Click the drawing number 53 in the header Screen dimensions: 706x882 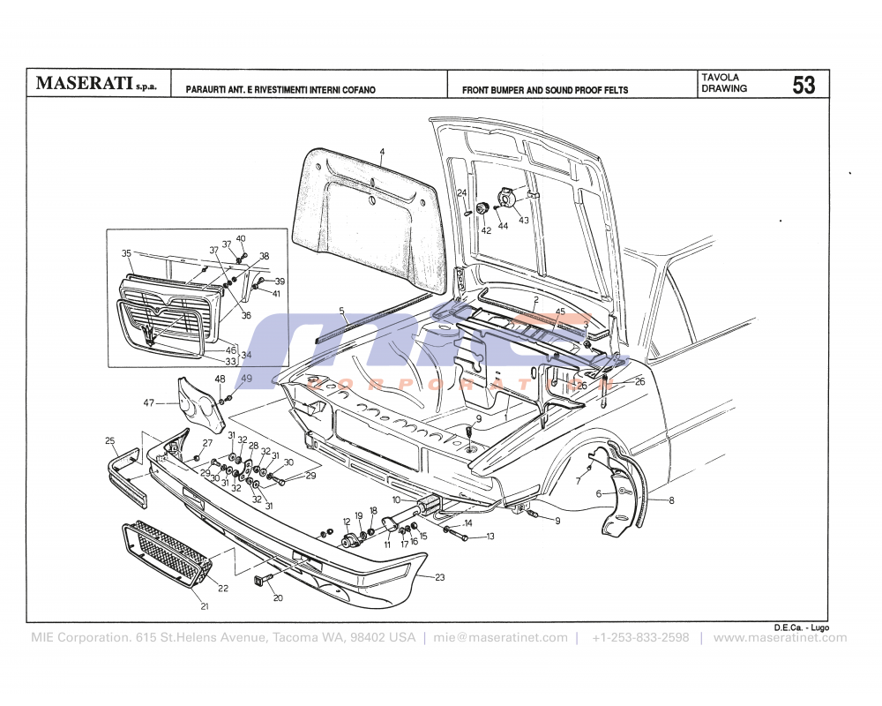(804, 85)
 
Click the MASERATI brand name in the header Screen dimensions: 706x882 (84, 85)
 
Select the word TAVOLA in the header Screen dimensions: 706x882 (720, 78)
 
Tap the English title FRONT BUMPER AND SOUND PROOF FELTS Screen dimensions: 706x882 (545, 90)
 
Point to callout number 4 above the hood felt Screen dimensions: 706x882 (382, 152)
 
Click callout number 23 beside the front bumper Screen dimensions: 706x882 (440, 577)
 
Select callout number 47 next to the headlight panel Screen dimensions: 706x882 (148, 402)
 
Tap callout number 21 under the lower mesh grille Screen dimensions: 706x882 (205, 606)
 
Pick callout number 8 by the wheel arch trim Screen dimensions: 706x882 (671, 500)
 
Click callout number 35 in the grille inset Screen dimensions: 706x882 (126, 253)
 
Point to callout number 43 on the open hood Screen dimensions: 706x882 (523, 220)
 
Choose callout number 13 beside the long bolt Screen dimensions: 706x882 (490, 536)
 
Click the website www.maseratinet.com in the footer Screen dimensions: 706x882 (779, 638)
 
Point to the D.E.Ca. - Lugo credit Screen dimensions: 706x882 (801, 627)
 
